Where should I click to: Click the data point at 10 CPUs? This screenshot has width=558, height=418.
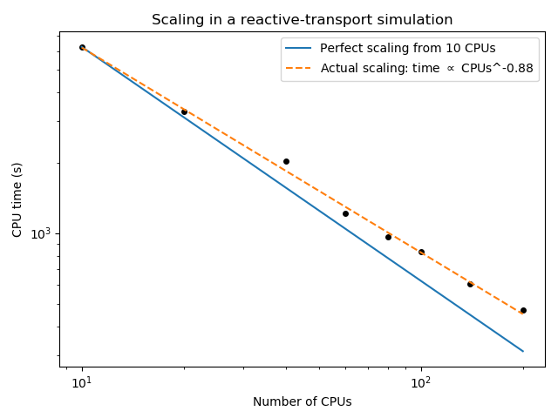[x=82, y=47]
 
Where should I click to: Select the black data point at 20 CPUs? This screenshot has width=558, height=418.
[x=184, y=111]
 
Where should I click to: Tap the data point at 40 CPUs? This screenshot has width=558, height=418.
[x=286, y=161]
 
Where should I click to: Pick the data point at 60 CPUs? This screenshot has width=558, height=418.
[x=345, y=213]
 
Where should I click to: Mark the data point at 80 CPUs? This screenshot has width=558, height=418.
[x=388, y=237]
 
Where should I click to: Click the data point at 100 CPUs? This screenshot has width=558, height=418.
[x=421, y=252]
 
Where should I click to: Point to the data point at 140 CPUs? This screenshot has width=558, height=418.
[x=470, y=284]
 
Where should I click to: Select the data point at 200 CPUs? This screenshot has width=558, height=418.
[x=523, y=310]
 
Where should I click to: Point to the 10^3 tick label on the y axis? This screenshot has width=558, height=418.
[x=43, y=234]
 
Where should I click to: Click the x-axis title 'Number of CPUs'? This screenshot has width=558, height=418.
[x=302, y=401]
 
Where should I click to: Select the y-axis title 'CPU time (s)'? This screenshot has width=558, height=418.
[x=17, y=199]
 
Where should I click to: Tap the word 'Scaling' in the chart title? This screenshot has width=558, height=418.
[x=175, y=20]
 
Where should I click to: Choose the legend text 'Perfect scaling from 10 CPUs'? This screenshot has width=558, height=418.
[x=407, y=49]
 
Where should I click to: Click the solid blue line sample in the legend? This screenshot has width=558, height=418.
[x=299, y=49]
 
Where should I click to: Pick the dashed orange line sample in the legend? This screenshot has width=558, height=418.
[x=299, y=68]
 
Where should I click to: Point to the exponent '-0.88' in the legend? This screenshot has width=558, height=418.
[x=517, y=68]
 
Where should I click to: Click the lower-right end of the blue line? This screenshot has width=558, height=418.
[x=523, y=351]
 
